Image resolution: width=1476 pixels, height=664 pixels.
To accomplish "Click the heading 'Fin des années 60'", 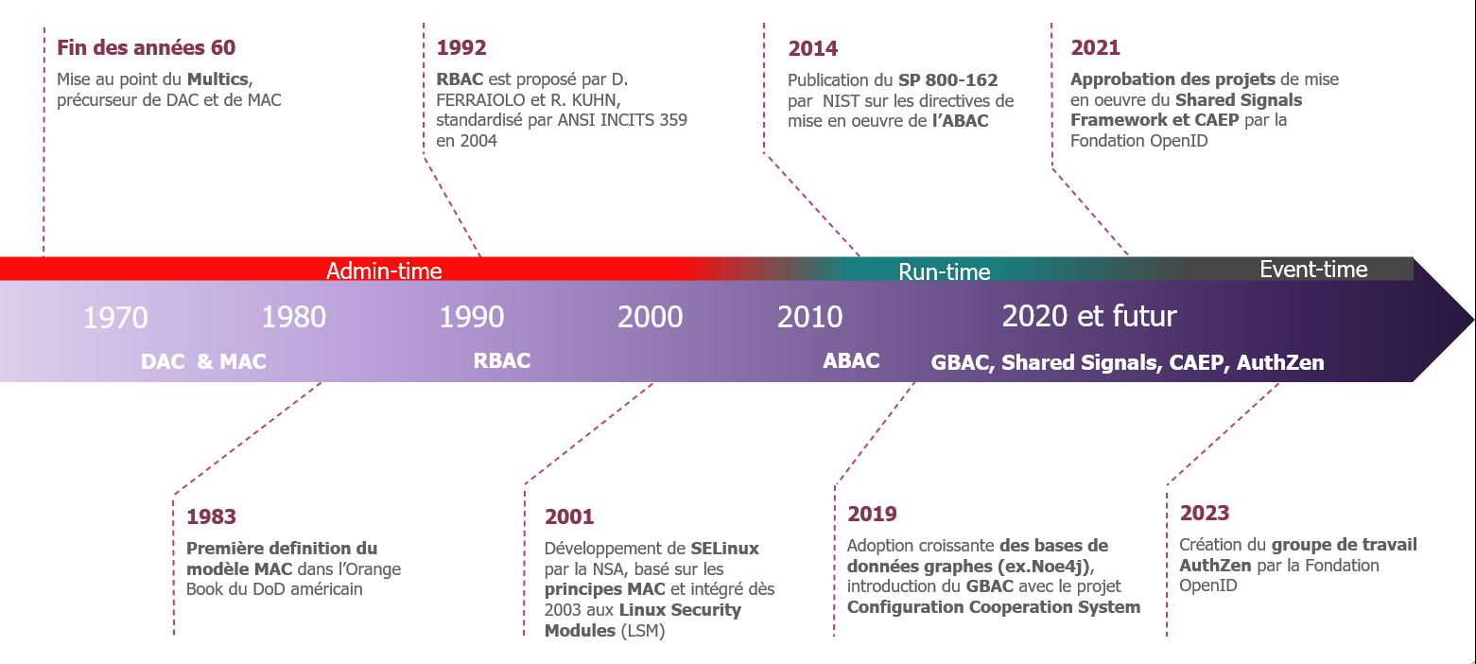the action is [x=146, y=47].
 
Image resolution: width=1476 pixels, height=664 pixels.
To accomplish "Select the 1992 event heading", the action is [x=461, y=47].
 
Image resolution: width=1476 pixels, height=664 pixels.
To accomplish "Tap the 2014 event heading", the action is [x=812, y=48].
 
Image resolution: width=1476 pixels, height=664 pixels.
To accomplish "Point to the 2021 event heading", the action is [x=1095, y=47].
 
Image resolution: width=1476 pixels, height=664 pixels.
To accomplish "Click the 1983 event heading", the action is [x=211, y=516].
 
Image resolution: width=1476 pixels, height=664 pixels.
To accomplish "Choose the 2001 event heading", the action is [x=568, y=516].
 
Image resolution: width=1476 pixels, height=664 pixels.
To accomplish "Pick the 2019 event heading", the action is [x=872, y=514].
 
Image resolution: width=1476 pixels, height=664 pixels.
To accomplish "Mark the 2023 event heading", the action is [x=1204, y=513].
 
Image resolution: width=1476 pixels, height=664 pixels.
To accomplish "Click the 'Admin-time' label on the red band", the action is [x=384, y=271].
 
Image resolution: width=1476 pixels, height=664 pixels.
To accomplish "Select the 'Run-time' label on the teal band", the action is [x=945, y=271].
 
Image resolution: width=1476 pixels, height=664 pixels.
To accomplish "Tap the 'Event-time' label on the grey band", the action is [x=1313, y=269].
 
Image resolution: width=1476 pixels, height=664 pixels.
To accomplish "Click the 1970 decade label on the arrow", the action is [x=115, y=318].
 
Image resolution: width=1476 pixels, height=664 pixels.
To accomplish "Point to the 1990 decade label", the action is [x=472, y=317].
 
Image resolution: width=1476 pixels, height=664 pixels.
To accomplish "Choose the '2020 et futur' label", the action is [x=1088, y=317].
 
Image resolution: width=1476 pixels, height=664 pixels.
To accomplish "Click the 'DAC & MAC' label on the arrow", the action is [x=203, y=361].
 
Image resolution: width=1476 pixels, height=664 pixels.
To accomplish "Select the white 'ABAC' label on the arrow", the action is [x=851, y=360].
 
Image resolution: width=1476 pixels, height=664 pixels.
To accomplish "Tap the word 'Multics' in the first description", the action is [x=217, y=79].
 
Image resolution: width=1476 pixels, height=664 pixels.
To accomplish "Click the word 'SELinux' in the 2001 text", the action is [x=724, y=549].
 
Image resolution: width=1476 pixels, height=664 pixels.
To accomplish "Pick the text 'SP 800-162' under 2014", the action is [x=947, y=80].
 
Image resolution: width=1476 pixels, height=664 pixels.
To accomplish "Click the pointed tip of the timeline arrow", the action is [x=1473, y=320].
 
